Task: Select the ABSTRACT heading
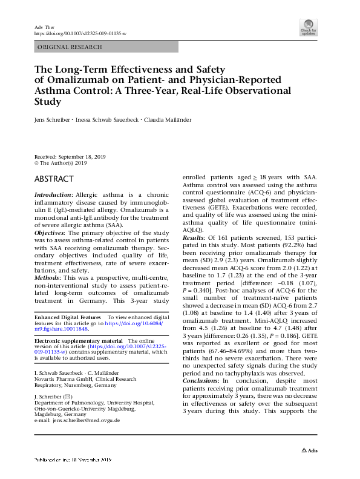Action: click(54, 179)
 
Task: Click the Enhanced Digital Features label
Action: click(68, 317)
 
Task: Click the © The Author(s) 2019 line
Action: click(61, 163)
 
